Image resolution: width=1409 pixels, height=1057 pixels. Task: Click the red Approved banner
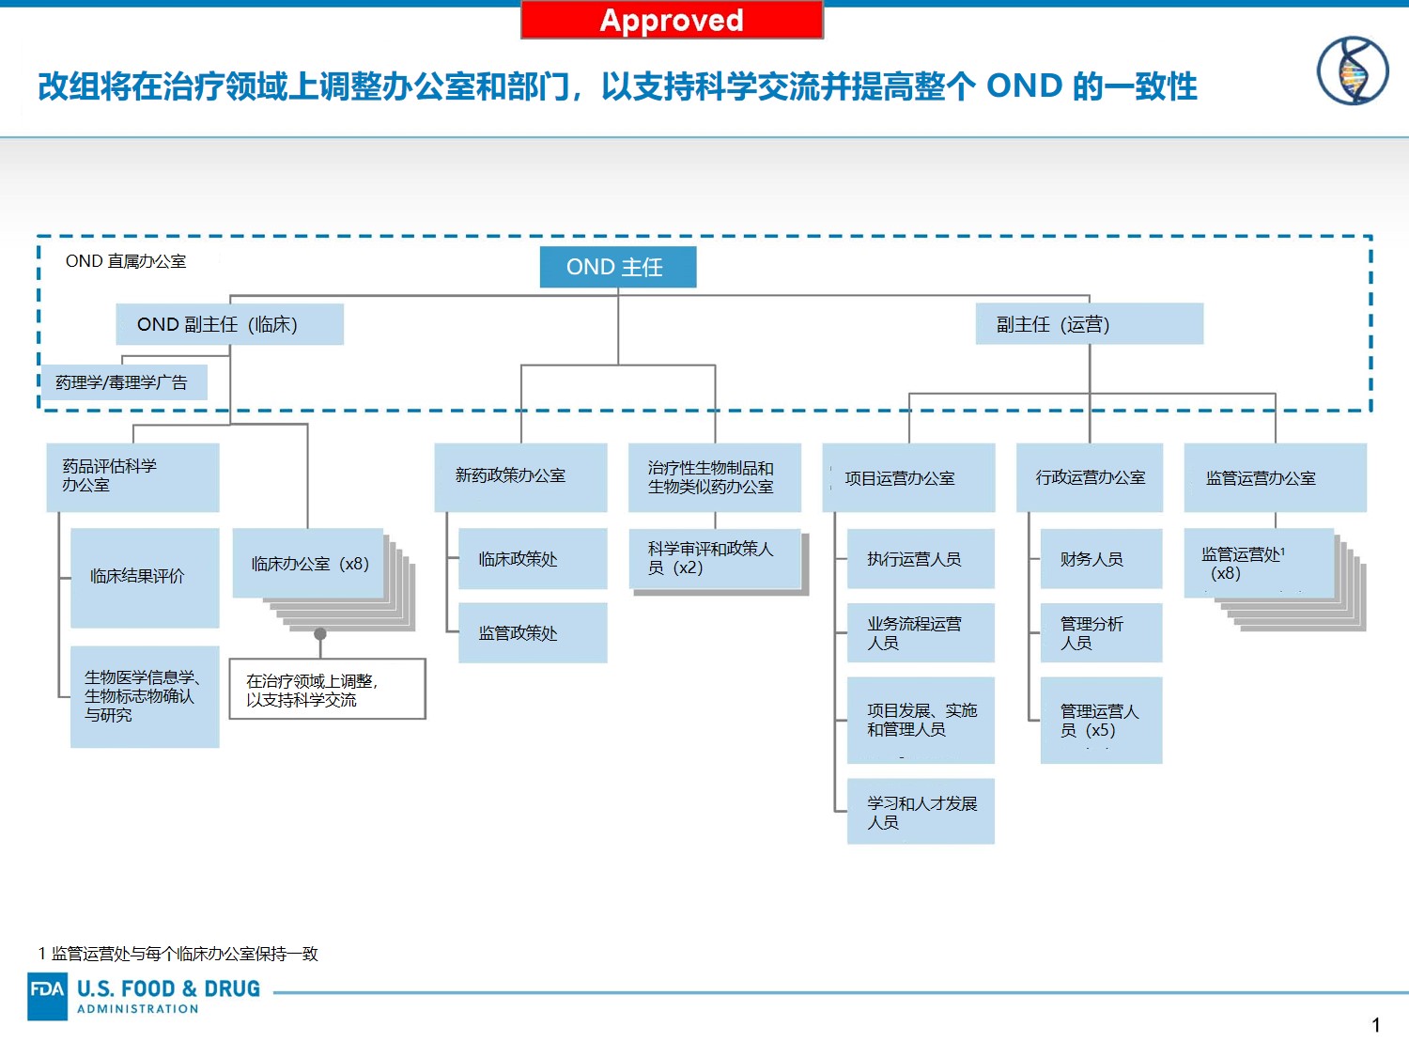click(672, 20)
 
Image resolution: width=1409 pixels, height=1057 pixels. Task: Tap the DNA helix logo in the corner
click(1353, 70)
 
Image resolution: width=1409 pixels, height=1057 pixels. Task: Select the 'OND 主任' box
click(617, 267)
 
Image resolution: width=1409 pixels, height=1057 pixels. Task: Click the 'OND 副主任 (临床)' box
click(230, 324)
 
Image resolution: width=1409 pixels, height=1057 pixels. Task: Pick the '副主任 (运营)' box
click(1090, 324)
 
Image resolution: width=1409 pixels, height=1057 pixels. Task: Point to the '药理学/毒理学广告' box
click(125, 382)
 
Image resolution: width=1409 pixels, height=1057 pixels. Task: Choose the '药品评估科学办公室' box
click(132, 477)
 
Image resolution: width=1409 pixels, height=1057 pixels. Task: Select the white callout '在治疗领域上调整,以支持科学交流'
click(328, 689)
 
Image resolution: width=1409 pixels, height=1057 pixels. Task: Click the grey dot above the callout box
click(320, 634)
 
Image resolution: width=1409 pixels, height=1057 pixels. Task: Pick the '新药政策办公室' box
click(520, 477)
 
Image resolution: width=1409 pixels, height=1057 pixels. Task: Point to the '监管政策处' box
click(533, 632)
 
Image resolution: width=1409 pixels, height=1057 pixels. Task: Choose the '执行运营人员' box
click(921, 558)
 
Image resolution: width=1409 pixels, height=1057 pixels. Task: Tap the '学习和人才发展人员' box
click(921, 811)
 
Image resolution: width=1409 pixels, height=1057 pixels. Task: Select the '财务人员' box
click(1101, 558)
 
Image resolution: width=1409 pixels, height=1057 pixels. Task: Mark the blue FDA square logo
click(48, 996)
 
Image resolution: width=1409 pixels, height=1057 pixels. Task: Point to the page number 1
click(1375, 1025)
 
